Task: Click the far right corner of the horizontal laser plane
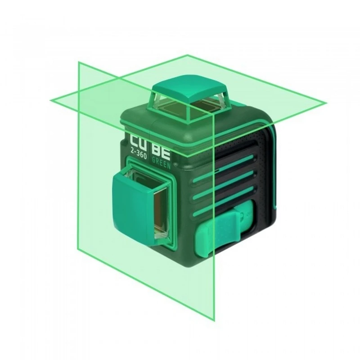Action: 326,103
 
